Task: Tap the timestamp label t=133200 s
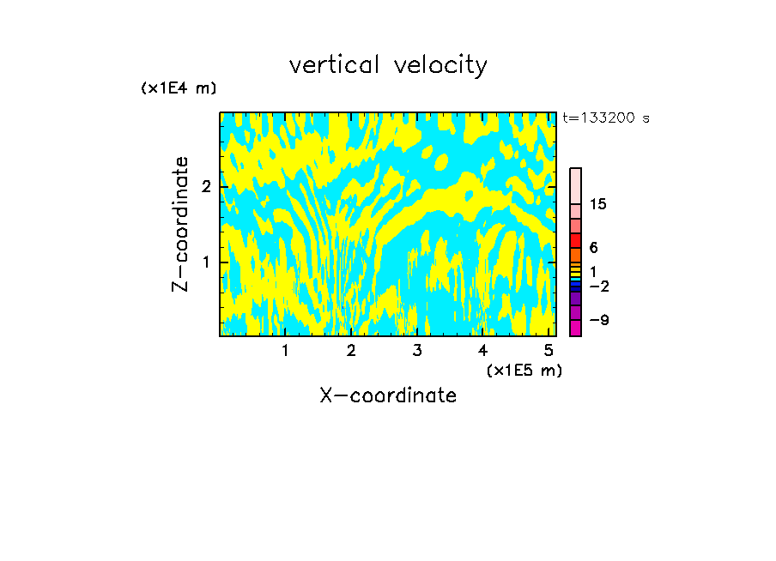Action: point(606,118)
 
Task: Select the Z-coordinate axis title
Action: point(181,224)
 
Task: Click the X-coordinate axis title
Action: point(388,395)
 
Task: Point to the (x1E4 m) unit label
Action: point(179,88)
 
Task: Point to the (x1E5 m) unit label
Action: point(524,370)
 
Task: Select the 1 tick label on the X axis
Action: point(285,351)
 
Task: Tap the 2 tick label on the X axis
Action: point(351,351)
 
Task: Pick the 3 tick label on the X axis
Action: point(417,351)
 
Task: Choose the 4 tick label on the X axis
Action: point(483,351)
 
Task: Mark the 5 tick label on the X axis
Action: point(549,351)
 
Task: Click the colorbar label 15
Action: point(598,204)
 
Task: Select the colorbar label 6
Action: point(593,248)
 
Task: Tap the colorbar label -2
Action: point(598,286)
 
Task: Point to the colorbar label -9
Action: point(598,321)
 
